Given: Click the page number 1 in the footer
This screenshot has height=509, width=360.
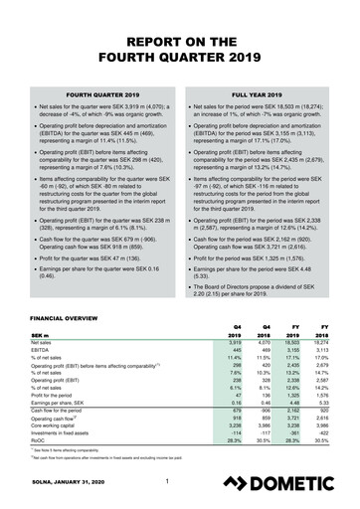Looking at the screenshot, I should coord(169,484).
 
